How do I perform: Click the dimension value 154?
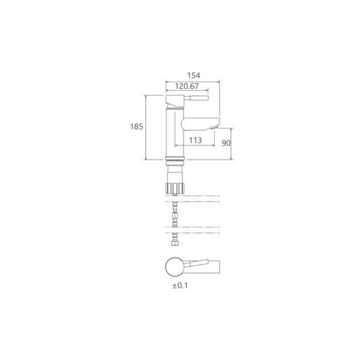[x=194, y=76]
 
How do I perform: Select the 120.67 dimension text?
[x=187, y=86]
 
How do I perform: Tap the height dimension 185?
[x=137, y=127]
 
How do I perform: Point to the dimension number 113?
[x=196, y=140]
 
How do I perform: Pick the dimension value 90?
[x=226, y=143]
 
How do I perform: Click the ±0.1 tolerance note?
[x=180, y=286]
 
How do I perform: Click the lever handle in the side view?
[x=196, y=98]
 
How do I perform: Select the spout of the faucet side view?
[x=200, y=124]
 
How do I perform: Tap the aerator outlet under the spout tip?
[x=214, y=128]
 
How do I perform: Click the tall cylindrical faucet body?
[x=175, y=133]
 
